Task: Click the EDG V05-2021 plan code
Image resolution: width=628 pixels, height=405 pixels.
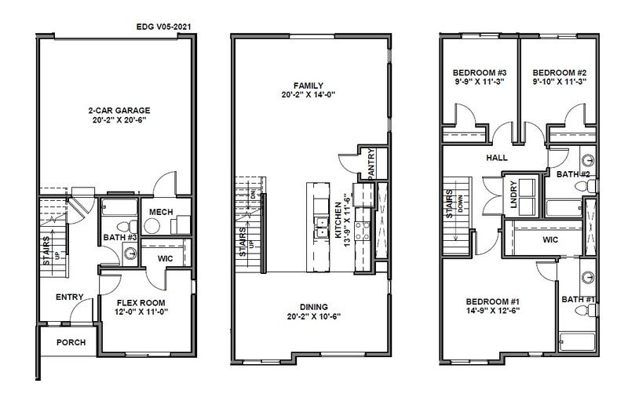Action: coord(163,27)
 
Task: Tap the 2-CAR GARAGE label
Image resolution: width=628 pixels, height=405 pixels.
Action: coord(119,110)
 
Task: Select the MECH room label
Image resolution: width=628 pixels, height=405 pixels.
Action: coord(161,212)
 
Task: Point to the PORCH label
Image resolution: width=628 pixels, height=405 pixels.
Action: coord(71,342)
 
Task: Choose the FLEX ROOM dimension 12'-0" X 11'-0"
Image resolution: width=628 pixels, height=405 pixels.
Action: coord(141,312)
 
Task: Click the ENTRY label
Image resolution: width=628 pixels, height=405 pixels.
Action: coord(69,297)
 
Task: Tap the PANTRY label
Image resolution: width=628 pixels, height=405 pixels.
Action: coord(371,163)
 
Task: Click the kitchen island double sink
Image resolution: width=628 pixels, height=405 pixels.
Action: coord(321,227)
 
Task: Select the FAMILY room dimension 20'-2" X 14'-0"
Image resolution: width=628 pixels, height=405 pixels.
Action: coord(308,95)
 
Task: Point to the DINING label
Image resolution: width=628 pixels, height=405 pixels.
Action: coord(313,307)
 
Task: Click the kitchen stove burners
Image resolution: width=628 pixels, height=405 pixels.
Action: coord(363,231)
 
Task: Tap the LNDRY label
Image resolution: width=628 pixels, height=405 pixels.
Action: coord(513,195)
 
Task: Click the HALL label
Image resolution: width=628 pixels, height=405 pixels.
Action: coord(497,158)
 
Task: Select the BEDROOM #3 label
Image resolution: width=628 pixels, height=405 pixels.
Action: coord(480,73)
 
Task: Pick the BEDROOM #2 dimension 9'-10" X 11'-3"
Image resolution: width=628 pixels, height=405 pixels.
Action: coord(560,82)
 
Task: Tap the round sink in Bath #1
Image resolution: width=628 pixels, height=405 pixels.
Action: coord(587,277)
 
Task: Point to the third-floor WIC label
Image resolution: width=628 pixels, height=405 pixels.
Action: coord(550,240)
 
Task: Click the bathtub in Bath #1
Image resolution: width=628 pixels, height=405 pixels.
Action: coord(577,341)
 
